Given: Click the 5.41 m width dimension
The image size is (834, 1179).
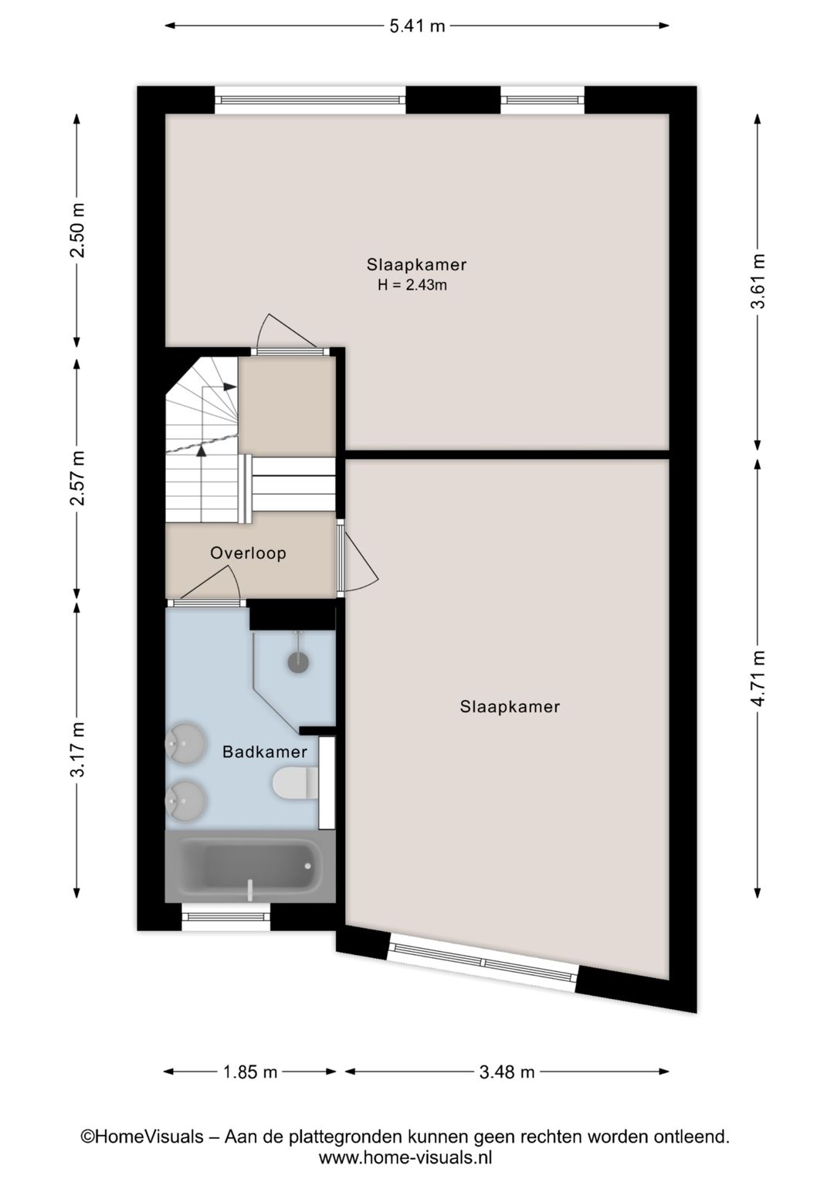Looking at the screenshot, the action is point(417,25).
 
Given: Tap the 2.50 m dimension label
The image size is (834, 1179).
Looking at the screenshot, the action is point(77,230).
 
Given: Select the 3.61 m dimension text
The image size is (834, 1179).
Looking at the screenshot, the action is point(758,281).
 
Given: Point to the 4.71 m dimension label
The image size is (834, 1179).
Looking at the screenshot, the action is point(758,678).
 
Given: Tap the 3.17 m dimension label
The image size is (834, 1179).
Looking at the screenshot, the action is point(77,749).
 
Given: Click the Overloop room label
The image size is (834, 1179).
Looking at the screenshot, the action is point(249,553).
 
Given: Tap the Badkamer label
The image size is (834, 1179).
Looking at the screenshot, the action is point(265,752).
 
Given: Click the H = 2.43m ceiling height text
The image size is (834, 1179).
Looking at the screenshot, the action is point(412,285).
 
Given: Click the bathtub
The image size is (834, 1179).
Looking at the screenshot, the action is point(250,867).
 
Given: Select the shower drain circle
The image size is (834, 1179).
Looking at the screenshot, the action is point(298,661).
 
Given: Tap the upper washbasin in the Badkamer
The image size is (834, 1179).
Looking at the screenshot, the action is point(185,743).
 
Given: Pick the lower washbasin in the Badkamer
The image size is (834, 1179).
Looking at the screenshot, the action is point(185,801).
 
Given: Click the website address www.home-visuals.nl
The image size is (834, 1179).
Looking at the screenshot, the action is point(405,1157).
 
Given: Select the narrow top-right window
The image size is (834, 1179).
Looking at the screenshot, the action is point(542,100).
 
